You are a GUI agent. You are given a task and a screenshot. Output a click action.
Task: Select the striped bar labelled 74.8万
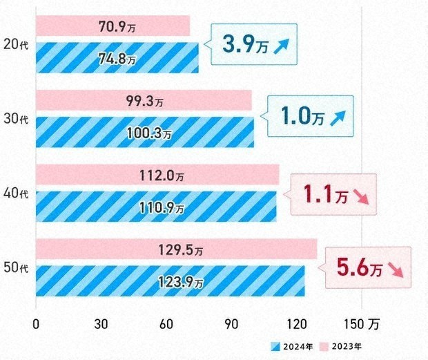click(x=117, y=57)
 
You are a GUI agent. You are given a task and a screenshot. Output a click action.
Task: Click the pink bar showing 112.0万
click(x=157, y=174)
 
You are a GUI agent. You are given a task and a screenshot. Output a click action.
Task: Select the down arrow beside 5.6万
click(x=398, y=268)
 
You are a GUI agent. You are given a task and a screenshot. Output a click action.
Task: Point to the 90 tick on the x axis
click(x=232, y=323)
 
